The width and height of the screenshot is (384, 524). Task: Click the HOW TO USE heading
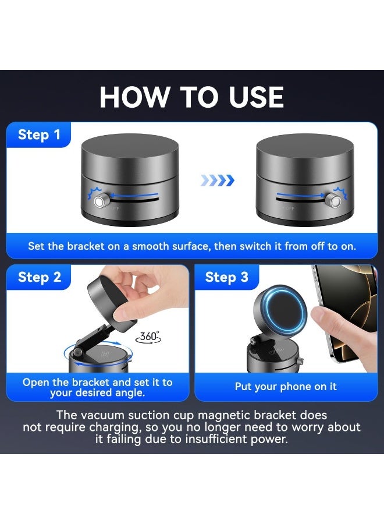(191, 97)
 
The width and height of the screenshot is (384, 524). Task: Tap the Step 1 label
(39, 135)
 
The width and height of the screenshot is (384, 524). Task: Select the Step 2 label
(39, 277)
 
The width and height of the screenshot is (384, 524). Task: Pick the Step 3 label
(226, 277)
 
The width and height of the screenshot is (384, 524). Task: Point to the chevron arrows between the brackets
(217, 180)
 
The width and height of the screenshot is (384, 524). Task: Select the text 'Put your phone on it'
(286, 387)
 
